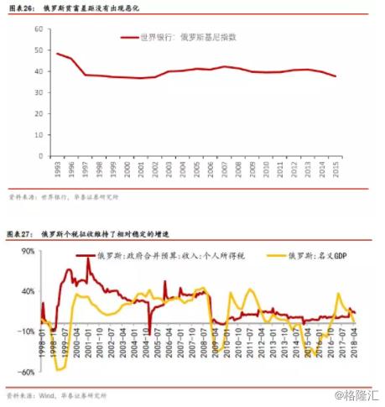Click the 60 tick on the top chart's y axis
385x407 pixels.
click(x=39, y=29)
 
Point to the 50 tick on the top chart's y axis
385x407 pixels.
click(x=39, y=50)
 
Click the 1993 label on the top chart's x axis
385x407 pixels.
click(x=57, y=170)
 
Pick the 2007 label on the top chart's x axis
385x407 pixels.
click(x=222, y=170)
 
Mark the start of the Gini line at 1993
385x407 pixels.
click(x=57, y=54)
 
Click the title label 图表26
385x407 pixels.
click(x=21, y=8)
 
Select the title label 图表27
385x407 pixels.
click(x=21, y=231)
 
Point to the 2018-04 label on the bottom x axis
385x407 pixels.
click(x=355, y=346)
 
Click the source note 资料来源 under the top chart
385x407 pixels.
click(x=23, y=198)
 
